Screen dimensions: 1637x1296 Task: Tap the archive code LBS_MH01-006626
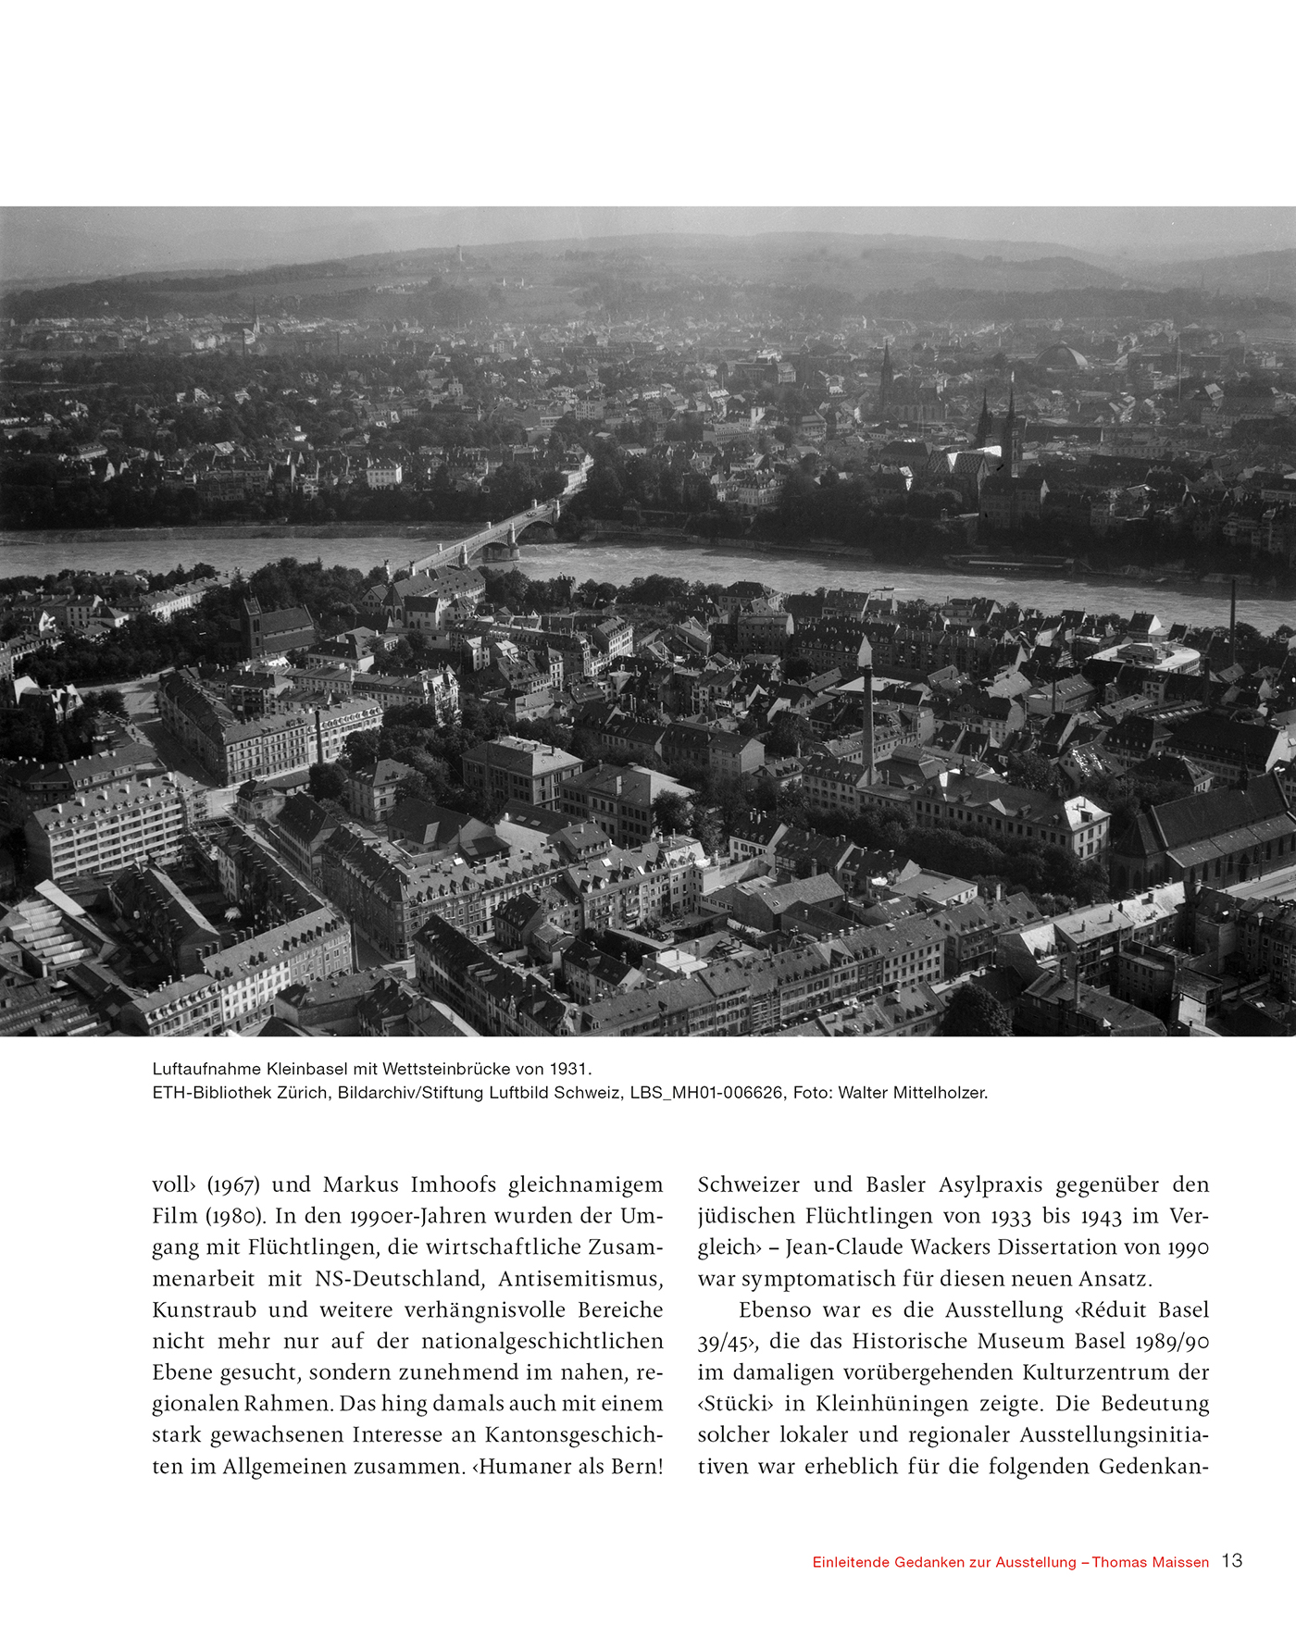[x=706, y=1093]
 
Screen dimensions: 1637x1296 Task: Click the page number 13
[x=1232, y=1561]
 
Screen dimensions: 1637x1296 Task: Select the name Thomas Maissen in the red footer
[x=1151, y=1562]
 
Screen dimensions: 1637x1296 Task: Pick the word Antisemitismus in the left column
[x=580, y=1279]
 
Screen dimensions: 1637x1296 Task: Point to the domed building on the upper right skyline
[x=1061, y=356]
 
